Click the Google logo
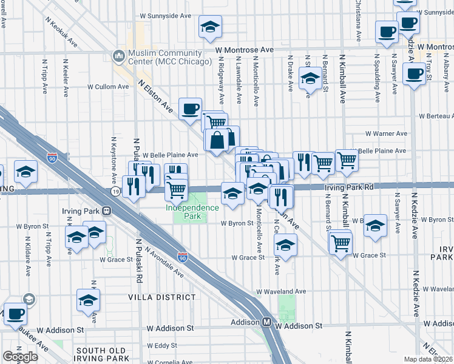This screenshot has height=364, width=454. click(20, 357)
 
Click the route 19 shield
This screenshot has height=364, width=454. click(115, 191)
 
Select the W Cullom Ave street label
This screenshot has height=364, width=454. click(109, 87)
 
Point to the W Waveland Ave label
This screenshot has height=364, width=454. click(280, 291)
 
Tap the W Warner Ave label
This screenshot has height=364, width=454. click(386, 133)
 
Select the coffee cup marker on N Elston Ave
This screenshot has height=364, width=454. click(191, 109)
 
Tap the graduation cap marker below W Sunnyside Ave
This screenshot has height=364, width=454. click(210, 27)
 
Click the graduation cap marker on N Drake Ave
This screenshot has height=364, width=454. click(310, 78)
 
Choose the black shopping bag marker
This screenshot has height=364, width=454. click(217, 141)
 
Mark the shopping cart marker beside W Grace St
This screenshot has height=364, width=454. click(340, 243)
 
